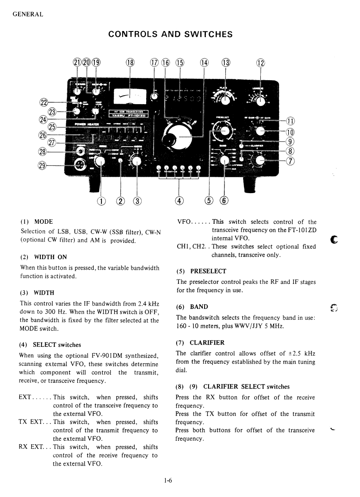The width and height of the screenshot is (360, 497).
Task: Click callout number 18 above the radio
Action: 130,62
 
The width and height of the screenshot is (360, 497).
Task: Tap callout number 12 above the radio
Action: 260,62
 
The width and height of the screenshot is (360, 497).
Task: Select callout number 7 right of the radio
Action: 290,161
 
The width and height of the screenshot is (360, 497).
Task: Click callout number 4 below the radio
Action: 179,201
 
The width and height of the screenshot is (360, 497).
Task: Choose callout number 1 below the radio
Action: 101,201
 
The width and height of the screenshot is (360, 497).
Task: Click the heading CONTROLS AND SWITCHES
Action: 170,34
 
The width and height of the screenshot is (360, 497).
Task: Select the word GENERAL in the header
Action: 28,14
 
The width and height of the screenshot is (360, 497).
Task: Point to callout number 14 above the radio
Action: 204,62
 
